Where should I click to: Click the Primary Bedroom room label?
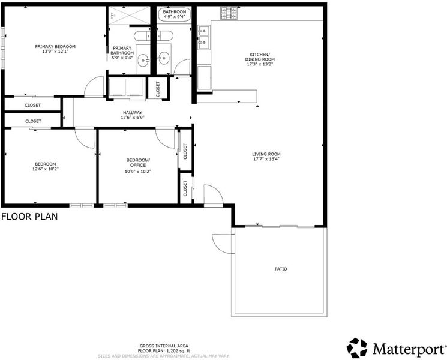point(55,46)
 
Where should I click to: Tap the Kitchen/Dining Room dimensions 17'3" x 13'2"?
point(260,64)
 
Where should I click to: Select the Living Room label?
point(266,154)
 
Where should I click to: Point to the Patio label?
point(281,269)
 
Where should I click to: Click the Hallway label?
point(133,113)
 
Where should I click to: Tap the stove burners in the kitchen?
point(229,13)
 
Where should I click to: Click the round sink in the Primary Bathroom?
point(143,60)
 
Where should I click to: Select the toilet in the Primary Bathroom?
point(142,36)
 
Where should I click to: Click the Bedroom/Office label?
point(138,163)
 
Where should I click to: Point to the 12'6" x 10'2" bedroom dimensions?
point(46,169)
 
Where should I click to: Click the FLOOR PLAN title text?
point(29,217)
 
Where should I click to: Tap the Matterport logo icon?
point(356,348)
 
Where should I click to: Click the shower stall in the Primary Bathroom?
point(130,15)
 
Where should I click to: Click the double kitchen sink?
point(204,37)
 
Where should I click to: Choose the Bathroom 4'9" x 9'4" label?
point(175,14)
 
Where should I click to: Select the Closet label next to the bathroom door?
point(158,89)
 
